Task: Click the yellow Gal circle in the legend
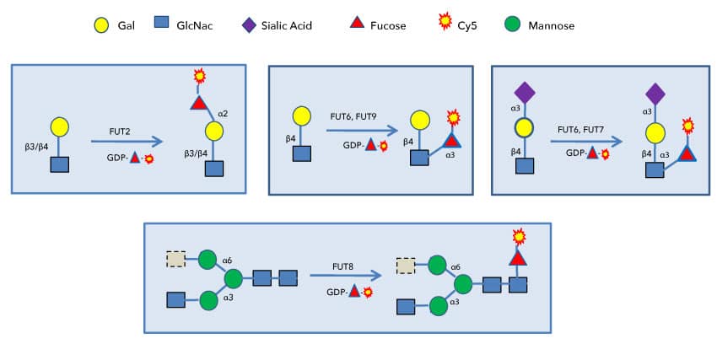101,26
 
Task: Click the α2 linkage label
224,110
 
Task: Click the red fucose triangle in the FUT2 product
199,103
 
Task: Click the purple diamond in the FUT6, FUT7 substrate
525,91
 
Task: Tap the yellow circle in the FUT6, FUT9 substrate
302,116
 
